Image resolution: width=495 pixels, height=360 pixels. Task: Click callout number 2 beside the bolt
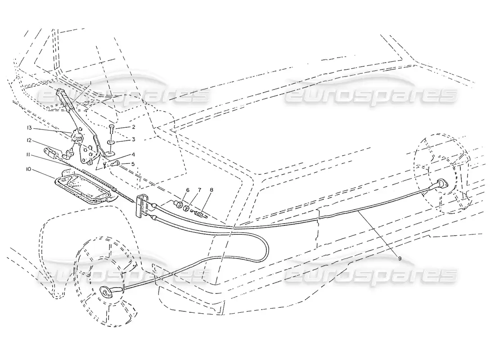point(121,127)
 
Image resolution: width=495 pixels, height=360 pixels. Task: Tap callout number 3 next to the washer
point(121,139)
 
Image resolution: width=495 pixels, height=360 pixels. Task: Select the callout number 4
point(121,154)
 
